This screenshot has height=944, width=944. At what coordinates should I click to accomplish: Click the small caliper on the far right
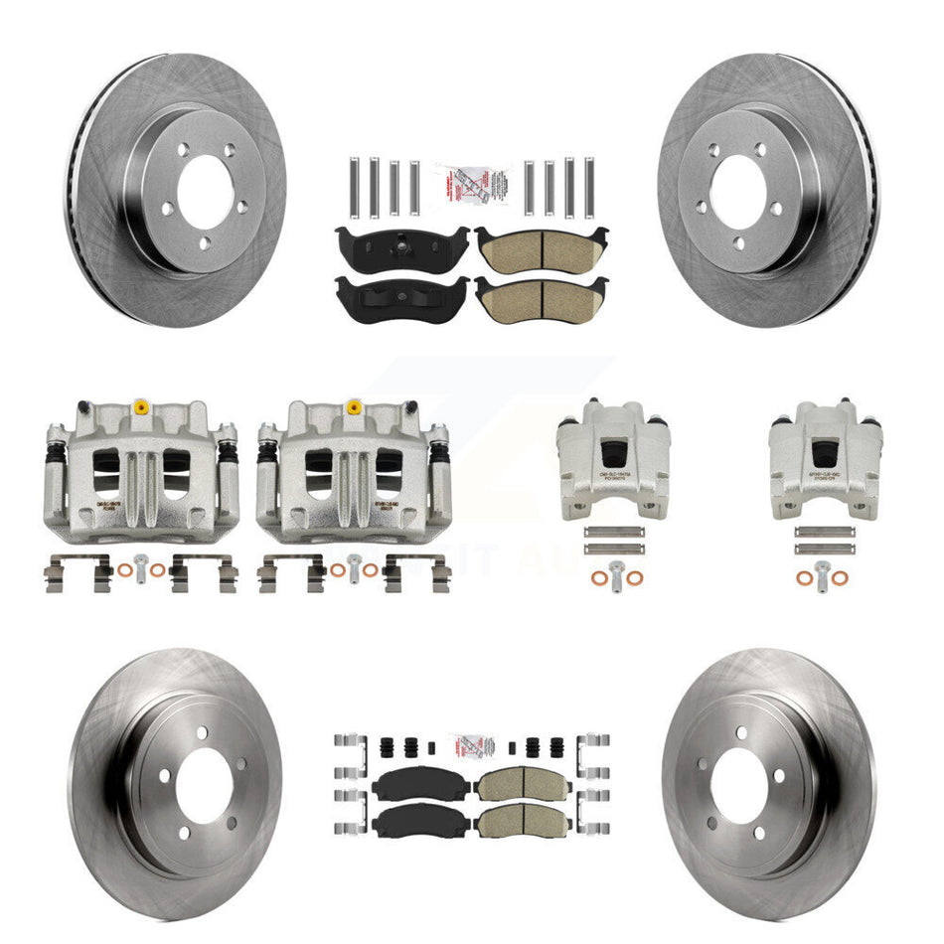point(825,459)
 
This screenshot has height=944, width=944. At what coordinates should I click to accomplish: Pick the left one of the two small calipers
point(613,459)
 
